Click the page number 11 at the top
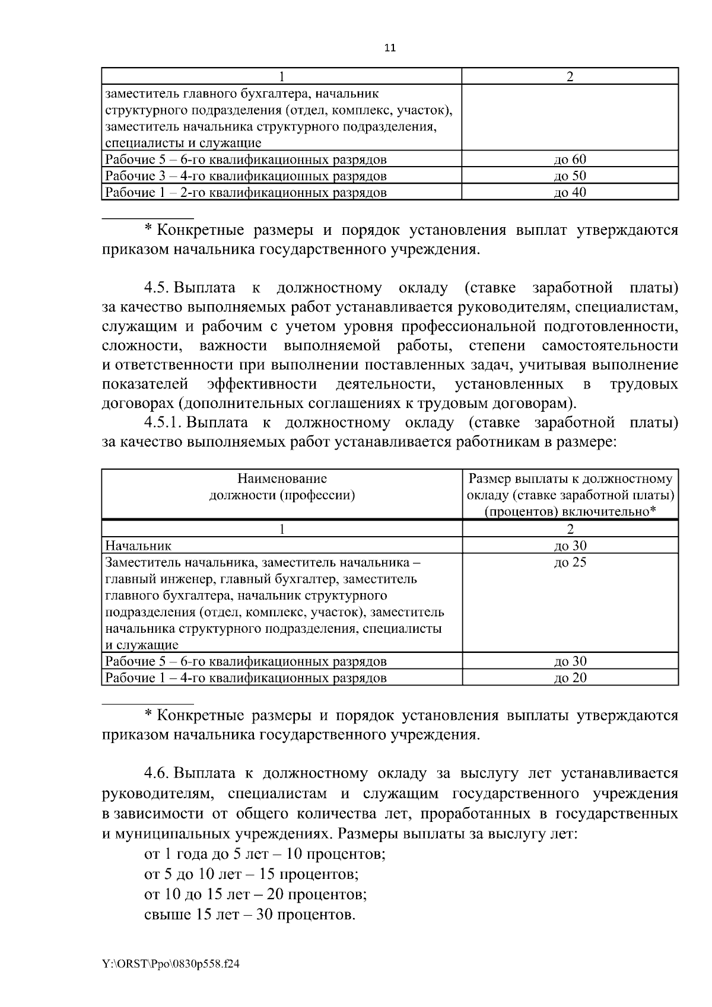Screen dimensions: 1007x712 (390, 48)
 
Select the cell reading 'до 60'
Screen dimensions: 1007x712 (570, 159)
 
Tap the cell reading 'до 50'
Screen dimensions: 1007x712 (570, 176)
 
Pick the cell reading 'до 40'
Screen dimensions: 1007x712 (570, 192)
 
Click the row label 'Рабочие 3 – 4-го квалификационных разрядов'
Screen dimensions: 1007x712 (246, 176)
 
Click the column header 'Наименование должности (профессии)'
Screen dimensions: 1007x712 (282, 487)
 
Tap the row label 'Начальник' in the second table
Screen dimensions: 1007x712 (138, 546)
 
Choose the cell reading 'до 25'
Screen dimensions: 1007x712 (570, 562)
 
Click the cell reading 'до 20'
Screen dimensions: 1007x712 (570, 677)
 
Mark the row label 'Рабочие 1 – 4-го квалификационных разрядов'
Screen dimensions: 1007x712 (246, 677)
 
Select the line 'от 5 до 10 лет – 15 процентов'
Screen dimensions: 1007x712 (252, 874)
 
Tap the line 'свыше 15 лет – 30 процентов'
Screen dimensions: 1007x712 (250, 914)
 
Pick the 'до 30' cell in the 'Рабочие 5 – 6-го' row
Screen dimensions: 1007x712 (570, 661)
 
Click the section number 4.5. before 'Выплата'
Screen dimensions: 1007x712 (157, 288)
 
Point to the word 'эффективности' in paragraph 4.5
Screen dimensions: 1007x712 (262, 384)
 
